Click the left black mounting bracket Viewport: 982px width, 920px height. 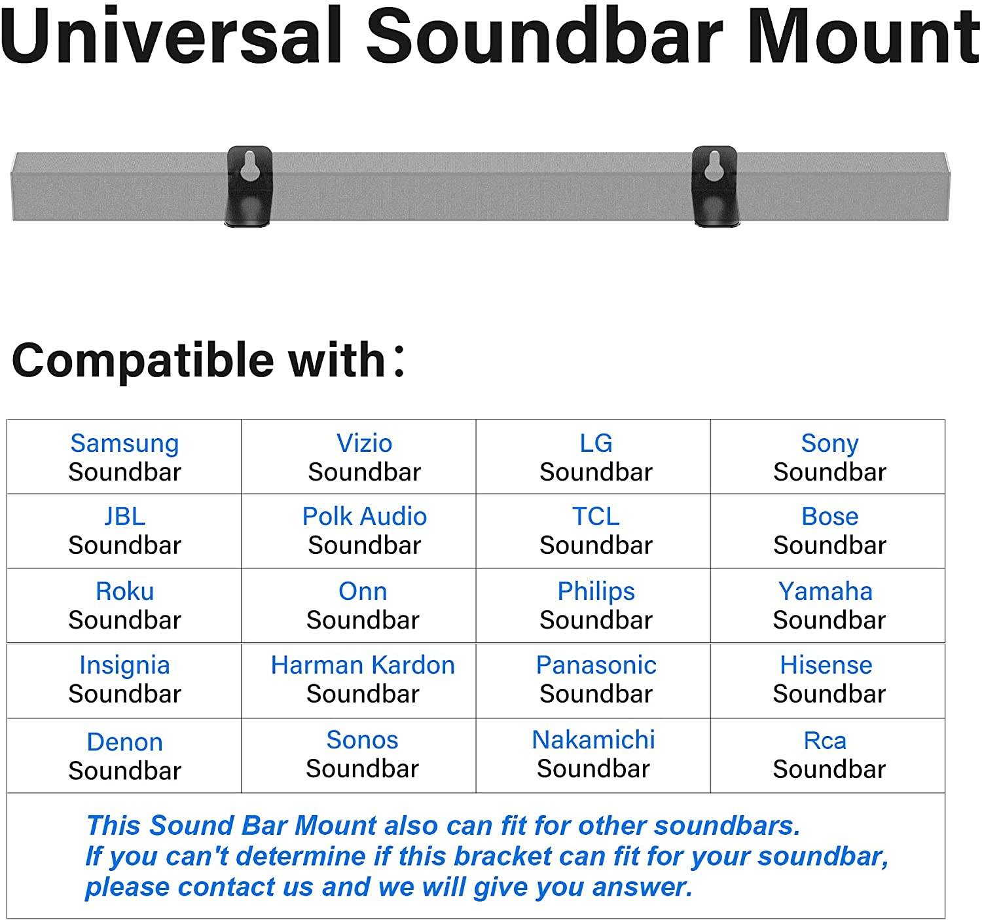(249, 187)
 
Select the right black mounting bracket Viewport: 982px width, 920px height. (715, 187)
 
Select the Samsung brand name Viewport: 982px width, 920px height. (124, 443)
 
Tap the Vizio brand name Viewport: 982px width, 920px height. (364, 443)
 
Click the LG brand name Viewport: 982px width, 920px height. (596, 443)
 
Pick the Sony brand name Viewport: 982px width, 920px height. (829, 444)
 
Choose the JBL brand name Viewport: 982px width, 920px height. (124, 517)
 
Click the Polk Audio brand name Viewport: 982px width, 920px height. (364, 517)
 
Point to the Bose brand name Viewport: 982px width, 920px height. (829, 517)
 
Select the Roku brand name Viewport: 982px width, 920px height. (124, 591)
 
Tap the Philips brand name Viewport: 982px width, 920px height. (596, 591)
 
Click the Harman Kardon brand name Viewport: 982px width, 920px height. (363, 665)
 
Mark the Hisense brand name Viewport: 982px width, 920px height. (826, 665)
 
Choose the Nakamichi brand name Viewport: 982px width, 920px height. (593, 740)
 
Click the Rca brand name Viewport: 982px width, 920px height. (825, 741)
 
